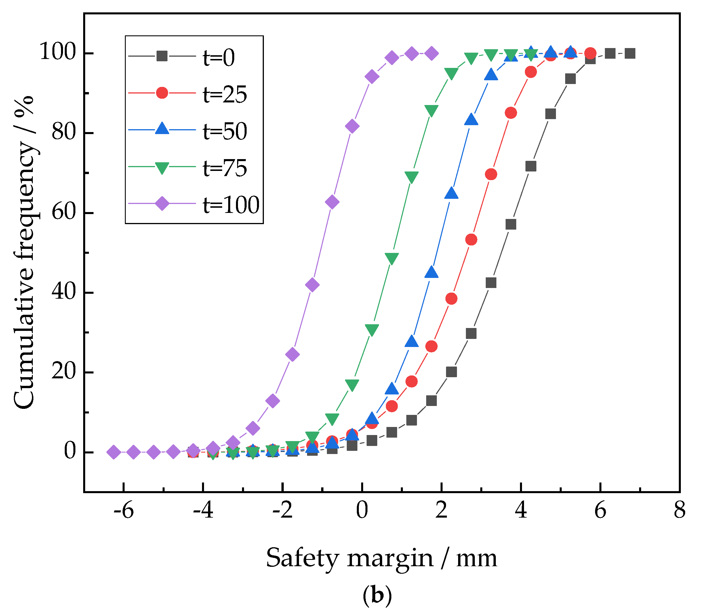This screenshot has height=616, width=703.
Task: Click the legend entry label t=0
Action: (219, 58)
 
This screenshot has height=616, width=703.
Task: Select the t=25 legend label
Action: (225, 95)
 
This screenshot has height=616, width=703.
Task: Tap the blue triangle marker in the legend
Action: (162, 129)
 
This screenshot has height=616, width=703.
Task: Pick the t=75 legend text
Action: (225, 168)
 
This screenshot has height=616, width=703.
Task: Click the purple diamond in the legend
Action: (162, 203)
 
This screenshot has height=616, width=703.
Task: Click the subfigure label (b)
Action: (377, 596)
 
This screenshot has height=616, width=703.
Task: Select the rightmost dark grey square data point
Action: (630, 54)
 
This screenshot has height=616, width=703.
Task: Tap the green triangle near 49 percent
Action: (392, 258)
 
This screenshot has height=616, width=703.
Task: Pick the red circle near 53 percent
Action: (471, 240)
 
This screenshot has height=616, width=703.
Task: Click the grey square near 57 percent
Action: (511, 224)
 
